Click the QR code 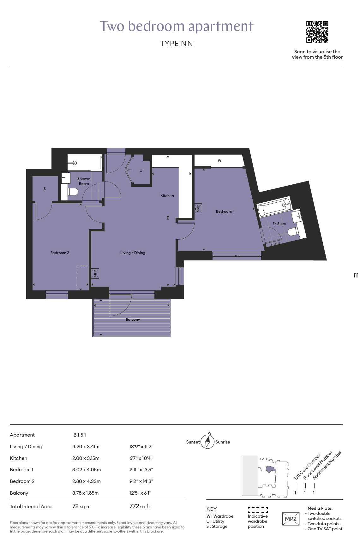[317, 32]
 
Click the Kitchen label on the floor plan [167, 196]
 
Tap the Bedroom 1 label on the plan [225, 211]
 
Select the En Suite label [279, 224]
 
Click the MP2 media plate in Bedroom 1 [198, 208]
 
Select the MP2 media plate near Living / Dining [95, 273]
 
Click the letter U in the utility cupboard [141, 171]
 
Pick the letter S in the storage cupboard [45, 189]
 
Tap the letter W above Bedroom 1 [219, 161]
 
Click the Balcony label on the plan [133, 319]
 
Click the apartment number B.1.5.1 [80, 435]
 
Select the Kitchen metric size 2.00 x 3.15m [86, 458]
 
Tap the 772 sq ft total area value [140, 506]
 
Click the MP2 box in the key [291, 519]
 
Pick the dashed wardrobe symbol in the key [258, 510]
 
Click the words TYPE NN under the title [177, 44]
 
